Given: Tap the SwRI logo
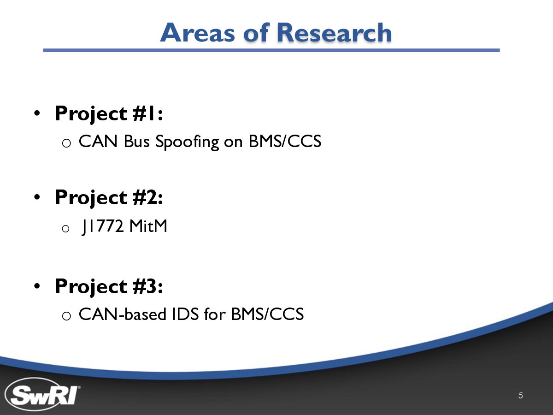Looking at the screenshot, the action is pyautogui.click(x=42, y=394).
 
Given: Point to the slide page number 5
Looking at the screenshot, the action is pyautogui.click(x=520, y=395).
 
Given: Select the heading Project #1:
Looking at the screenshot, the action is pyautogui.click(x=109, y=114).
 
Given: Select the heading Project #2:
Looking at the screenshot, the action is pyautogui.click(x=109, y=198).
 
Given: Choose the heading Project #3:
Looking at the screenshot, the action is pyautogui.click(x=109, y=287).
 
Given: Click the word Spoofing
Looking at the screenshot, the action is pyautogui.click(x=187, y=142).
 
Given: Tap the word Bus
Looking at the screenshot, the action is pyautogui.click(x=136, y=141).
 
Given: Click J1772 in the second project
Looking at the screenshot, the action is pyautogui.click(x=103, y=226).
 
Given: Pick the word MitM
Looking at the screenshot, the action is pyautogui.click(x=148, y=226).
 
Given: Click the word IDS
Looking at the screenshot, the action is pyautogui.click(x=185, y=314).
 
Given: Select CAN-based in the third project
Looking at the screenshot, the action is pyautogui.click(x=123, y=314).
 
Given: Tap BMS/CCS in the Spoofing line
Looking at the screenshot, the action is pyautogui.click(x=285, y=141).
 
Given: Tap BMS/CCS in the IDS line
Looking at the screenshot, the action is pyautogui.click(x=268, y=314).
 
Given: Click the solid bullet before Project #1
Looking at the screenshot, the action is pyautogui.click(x=37, y=113).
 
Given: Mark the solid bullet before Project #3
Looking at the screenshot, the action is pyautogui.click(x=37, y=286).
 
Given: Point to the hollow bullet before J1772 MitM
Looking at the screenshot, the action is pyautogui.click(x=65, y=229).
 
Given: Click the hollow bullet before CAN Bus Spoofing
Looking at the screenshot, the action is pyautogui.click(x=66, y=143).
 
